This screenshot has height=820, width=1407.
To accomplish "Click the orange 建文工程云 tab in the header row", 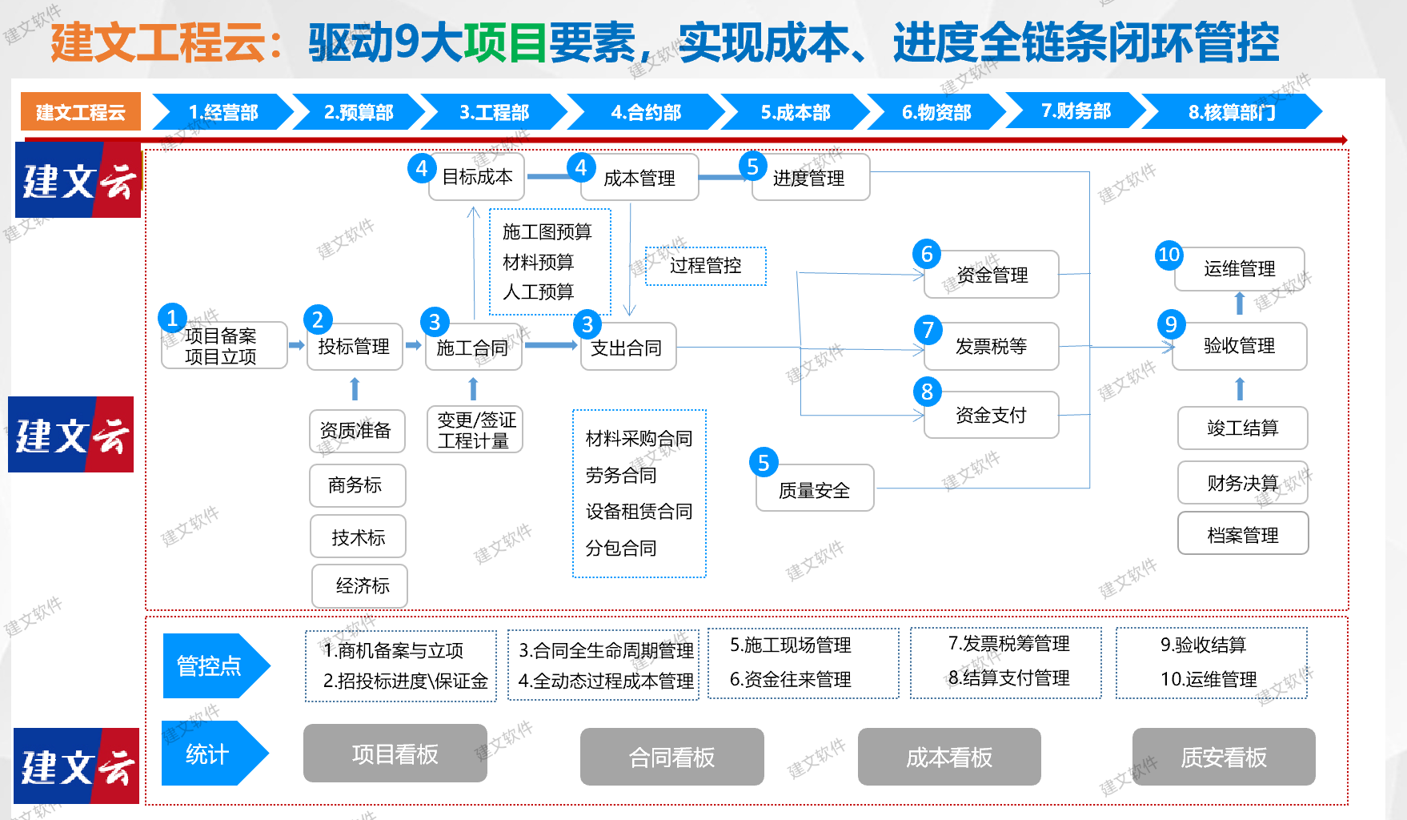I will pyautogui.click(x=80, y=112).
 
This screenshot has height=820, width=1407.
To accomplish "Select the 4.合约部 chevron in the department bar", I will pyautogui.click(x=645, y=112).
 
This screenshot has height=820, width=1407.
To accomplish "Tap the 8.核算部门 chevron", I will pyautogui.click(x=1232, y=112).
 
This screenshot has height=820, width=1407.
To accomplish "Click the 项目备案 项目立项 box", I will pyautogui.click(x=223, y=346).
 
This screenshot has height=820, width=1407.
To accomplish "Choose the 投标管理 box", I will pyautogui.click(x=354, y=347).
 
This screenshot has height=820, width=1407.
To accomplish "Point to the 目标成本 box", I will pyautogui.click(x=477, y=177).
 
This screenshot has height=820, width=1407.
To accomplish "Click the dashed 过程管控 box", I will pyautogui.click(x=705, y=266).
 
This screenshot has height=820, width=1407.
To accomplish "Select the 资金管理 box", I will pyautogui.click(x=992, y=275).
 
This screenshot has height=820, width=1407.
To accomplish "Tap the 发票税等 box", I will pyautogui.click(x=991, y=347).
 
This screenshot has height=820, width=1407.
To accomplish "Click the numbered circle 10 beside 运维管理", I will pyautogui.click(x=1168, y=255).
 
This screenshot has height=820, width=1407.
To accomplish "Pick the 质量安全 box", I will pyautogui.click(x=814, y=489).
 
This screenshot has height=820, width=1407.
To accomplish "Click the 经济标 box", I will pyautogui.click(x=361, y=586).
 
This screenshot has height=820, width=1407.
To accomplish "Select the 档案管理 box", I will pyautogui.click(x=1242, y=535).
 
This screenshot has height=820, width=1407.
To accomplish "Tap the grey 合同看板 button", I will pyautogui.click(x=671, y=757).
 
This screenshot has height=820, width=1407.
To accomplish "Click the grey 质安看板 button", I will pyautogui.click(x=1223, y=757).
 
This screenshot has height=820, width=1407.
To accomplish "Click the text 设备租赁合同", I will pyautogui.click(x=639, y=512).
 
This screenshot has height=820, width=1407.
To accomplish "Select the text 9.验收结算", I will pyautogui.click(x=1203, y=645).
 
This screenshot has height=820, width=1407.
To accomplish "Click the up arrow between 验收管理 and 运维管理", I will pyautogui.click(x=1240, y=303).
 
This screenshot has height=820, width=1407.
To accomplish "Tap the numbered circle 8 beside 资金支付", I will pyautogui.click(x=927, y=392).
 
